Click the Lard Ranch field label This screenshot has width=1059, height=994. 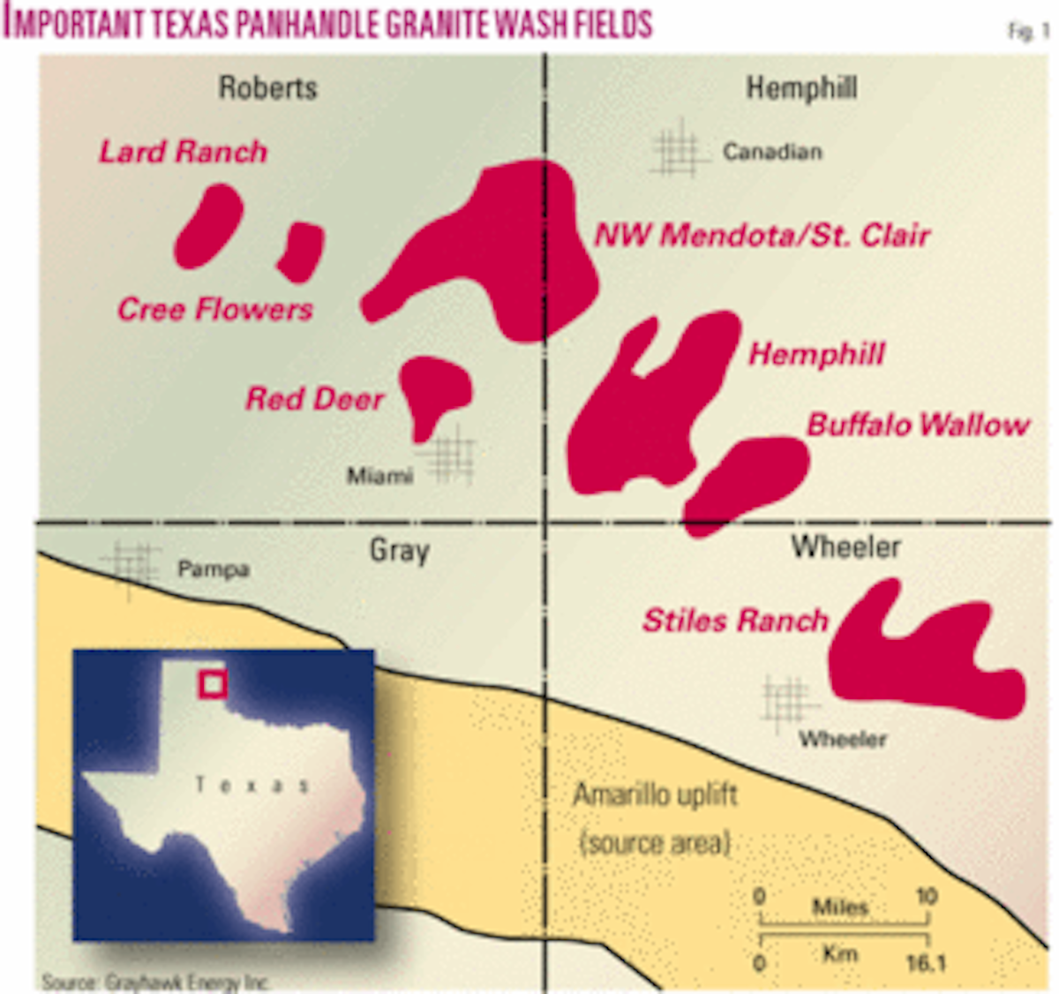tap(183, 152)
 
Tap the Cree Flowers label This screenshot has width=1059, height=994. tap(214, 309)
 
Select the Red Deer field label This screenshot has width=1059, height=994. tap(314, 399)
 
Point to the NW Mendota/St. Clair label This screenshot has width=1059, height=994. tap(762, 235)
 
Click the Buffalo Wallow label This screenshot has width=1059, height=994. tap(918, 425)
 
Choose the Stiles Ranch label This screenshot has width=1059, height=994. tap(735, 620)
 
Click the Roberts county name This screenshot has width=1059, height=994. tap(267, 87)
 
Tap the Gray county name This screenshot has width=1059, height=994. tap(399, 551)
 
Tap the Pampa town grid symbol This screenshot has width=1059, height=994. tap(131, 565)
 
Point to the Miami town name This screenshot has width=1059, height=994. tap(379, 477)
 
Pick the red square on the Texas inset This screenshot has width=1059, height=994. tap(213, 683)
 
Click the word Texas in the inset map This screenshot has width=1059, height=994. tap(252, 785)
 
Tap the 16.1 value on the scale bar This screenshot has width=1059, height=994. tap(925, 961)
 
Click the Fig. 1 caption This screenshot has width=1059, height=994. tap(1028, 32)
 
